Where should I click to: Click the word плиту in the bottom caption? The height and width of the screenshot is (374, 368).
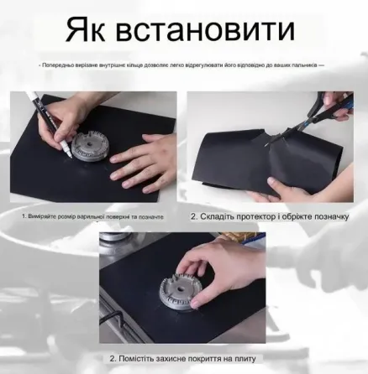pyautogui.click(x=245, y=358)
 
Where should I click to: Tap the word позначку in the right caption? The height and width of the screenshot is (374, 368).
pyautogui.click(x=329, y=216)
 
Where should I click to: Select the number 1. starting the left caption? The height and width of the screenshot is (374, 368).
pyautogui.click(x=24, y=216)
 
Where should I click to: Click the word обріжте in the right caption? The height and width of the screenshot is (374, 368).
pyautogui.click(x=294, y=216)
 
